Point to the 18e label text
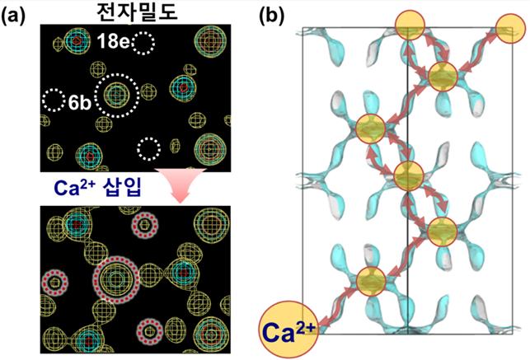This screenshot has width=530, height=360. tap(110, 40)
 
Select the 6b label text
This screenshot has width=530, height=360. tap(80, 102)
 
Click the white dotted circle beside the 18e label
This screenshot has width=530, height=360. tap(145, 40)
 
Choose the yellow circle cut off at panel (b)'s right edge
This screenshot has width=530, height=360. tap(509, 32)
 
